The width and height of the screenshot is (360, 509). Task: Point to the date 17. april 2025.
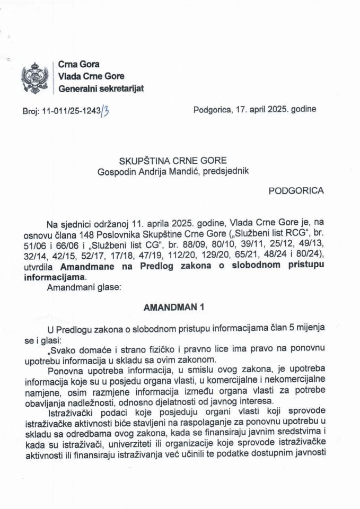click(264, 110)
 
